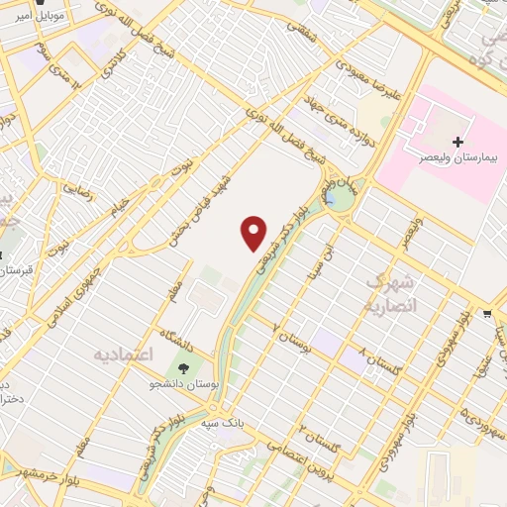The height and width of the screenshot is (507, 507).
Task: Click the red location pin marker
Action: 254,233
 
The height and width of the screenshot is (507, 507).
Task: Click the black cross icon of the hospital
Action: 456,143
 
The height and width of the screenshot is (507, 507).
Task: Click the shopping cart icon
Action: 488,315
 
